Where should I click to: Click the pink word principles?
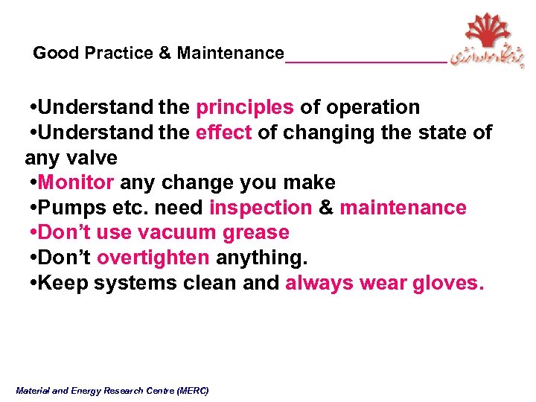[x=245, y=108]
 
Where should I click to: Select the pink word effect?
[x=223, y=133]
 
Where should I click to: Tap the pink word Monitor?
[x=76, y=183]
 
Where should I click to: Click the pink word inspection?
[x=261, y=208]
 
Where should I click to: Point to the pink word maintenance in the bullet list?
[x=403, y=208]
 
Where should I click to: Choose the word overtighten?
[x=153, y=258]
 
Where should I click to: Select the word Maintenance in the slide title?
[x=230, y=54]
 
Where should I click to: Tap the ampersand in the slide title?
[x=165, y=54]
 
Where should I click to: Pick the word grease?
[x=255, y=233]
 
